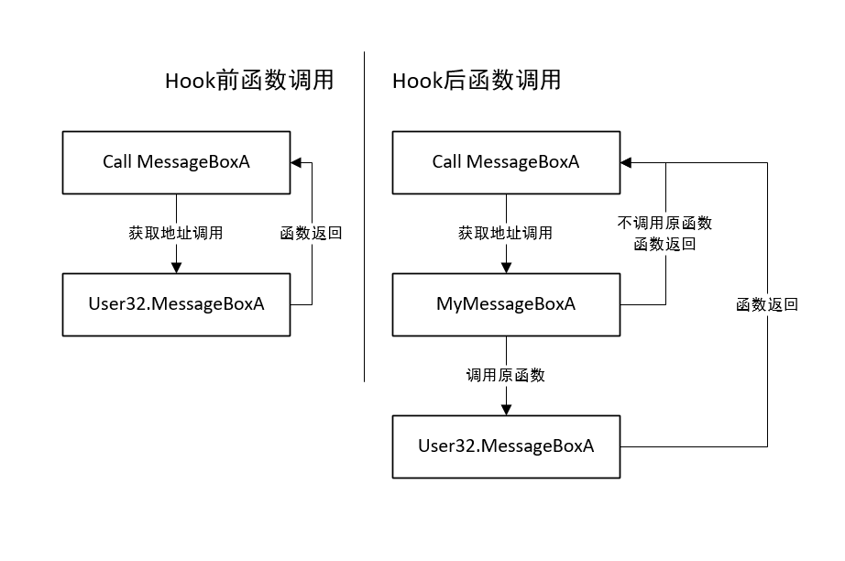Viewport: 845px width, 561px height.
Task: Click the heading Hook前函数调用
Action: pyautogui.click(x=248, y=81)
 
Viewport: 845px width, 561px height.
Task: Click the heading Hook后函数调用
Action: pyautogui.click(x=477, y=81)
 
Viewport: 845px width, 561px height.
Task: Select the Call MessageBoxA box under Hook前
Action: pyautogui.click(x=176, y=162)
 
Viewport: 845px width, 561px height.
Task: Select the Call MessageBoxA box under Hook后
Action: pyautogui.click(x=506, y=162)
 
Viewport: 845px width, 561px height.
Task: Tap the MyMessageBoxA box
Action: pyautogui.click(x=506, y=304)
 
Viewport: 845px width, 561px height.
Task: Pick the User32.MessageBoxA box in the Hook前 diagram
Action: pyautogui.click(x=176, y=304)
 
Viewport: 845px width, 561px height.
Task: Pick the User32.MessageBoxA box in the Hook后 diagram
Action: pyautogui.click(x=506, y=446)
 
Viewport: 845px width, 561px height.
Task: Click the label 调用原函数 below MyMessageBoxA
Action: pyautogui.click(x=506, y=375)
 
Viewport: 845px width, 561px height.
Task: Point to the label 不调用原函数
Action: pyautogui.click(x=664, y=223)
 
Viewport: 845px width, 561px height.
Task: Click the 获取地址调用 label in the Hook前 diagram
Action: pyautogui.click(x=176, y=233)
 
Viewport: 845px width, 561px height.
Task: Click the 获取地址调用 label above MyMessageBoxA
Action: pyautogui.click(x=506, y=233)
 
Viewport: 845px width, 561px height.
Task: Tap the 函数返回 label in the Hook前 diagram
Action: pyautogui.click(x=311, y=233)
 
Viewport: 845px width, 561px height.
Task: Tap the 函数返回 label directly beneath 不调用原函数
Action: pyautogui.click(x=664, y=244)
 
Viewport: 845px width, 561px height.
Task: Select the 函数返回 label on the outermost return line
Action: pyautogui.click(x=767, y=304)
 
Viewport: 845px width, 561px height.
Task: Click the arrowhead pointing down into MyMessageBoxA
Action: pyautogui.click(x=506, y=267)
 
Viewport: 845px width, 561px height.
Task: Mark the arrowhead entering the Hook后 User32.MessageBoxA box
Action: pyautogui.click(x=506, y=409)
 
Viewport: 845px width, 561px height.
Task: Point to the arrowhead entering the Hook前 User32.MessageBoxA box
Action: pyautogui.click(x=176, y=267)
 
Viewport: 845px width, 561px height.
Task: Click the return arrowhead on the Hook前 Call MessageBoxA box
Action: pyautogui.click(x=295, y=162)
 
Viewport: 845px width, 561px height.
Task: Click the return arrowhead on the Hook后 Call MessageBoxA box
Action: pyautogui.click(x=625, y=162)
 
